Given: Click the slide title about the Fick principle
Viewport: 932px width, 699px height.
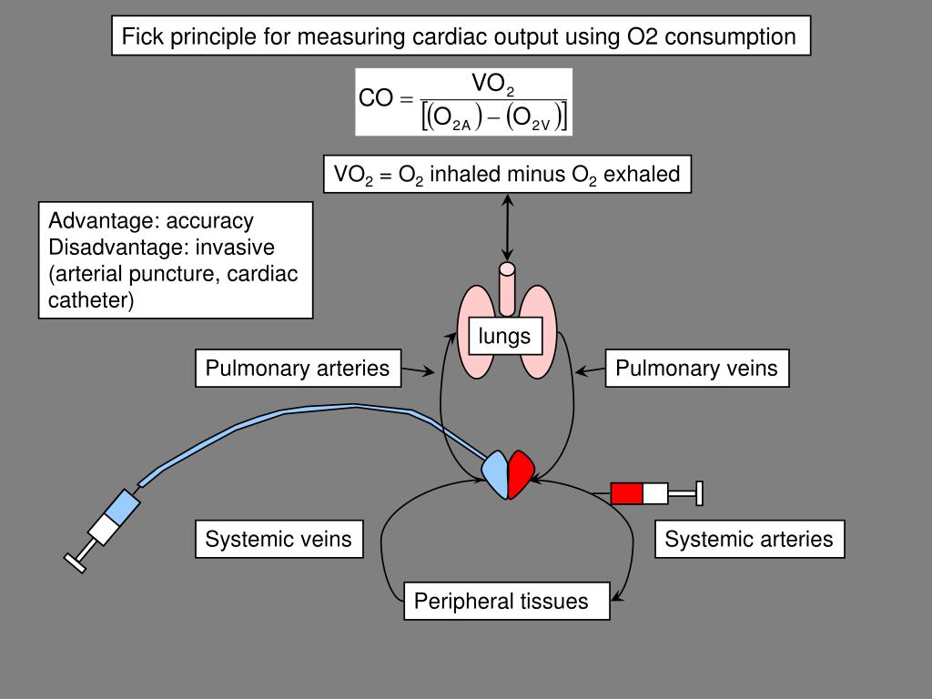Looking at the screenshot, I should tap(460, 37).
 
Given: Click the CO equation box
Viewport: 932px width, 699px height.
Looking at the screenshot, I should tap(463, 102).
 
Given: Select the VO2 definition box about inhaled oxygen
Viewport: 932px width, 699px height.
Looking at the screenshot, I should tap(507, 174).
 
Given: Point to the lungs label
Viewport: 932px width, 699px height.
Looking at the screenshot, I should tap(505, 336).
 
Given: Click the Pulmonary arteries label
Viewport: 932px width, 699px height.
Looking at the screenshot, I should tap(298, 369).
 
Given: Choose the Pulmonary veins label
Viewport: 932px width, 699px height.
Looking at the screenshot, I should tap(696, 369).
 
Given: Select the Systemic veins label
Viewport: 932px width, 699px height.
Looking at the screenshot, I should tap(279, 539).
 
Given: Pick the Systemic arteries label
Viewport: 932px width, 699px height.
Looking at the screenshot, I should tap(749, 539).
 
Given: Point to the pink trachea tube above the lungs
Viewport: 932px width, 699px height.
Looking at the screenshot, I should tap(506, 287).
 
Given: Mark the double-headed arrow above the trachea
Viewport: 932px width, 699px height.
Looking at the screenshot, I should tap(506, 228).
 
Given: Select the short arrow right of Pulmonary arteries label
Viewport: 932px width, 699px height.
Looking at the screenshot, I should tap(417, 370).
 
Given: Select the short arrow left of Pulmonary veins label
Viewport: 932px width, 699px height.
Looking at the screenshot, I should tap(591, 370).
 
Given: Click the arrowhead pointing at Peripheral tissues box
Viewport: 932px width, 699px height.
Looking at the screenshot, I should tap(618, 597).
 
